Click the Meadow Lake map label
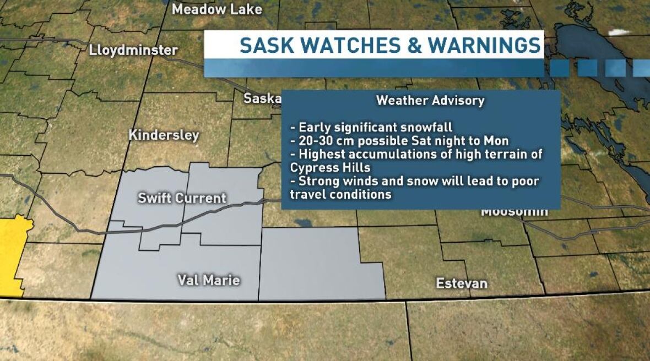(216, 9)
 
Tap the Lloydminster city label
(133, 51)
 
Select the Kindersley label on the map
(164, 135)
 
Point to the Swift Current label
(182, 198)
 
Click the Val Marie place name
(208, 280)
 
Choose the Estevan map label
(462, 283)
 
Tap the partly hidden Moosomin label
(514, 212)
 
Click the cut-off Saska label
(263, 99)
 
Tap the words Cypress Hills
(329, 167)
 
